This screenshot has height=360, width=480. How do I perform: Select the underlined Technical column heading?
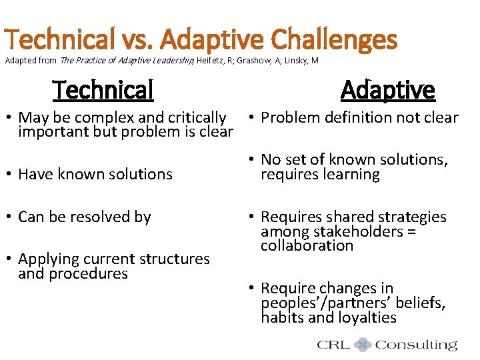(103, 89)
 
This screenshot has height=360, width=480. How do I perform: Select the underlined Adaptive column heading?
(387, 89)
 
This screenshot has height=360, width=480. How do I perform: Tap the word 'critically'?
(195, 118)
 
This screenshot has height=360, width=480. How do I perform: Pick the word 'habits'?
(282, 317)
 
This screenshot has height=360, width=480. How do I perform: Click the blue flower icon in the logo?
(363, 345)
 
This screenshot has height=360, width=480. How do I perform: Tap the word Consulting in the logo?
(416, 345)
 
